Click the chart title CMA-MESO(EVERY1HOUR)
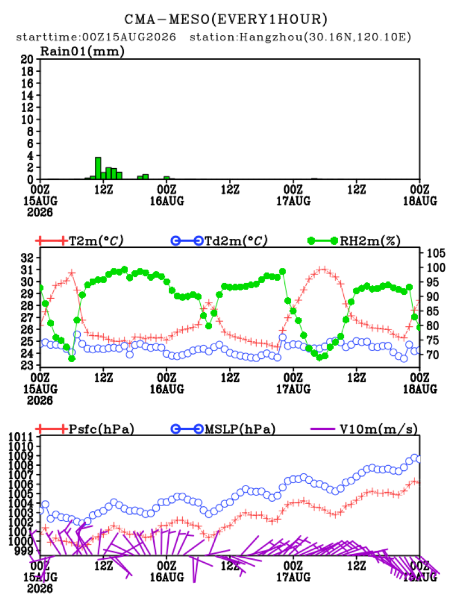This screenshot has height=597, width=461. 226,19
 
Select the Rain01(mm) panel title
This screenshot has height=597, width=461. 82,51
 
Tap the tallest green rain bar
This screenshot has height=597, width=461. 98,168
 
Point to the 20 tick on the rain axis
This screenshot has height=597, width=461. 27,59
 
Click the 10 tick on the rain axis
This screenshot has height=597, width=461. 27,119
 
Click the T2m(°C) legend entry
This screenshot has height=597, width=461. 79,240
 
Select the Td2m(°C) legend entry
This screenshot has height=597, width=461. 219,240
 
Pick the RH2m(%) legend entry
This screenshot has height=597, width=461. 354,240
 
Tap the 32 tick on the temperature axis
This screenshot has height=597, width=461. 27,258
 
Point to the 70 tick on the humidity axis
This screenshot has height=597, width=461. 432,355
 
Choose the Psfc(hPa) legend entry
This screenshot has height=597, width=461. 85,429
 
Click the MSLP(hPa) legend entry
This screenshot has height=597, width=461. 223,429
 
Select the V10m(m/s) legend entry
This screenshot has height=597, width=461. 364,429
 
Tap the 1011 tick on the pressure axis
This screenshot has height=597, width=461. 21,437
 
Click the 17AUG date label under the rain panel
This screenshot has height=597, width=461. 293,201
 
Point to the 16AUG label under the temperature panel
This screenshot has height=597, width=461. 167,389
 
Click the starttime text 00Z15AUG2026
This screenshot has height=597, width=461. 130,37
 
